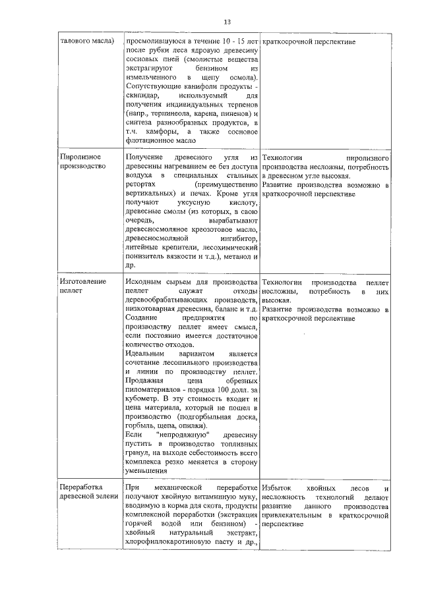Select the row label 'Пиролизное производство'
(x=80, y=162)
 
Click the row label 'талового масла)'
(x=87, y=41)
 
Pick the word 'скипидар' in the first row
(x=142, y=95)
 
